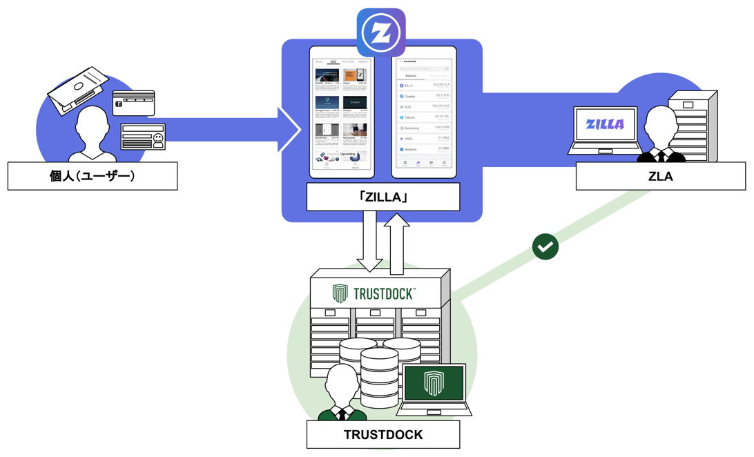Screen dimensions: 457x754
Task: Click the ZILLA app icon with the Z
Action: [381, 32]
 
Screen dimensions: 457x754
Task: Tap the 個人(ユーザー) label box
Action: [93, 176]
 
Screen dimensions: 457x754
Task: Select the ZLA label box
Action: [660, 176]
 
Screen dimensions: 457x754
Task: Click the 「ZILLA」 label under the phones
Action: [383, 197]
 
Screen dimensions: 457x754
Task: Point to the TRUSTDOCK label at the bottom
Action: [383, 435]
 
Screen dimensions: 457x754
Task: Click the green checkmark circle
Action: [545, 246]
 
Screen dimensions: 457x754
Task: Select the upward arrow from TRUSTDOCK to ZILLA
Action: [397, 242]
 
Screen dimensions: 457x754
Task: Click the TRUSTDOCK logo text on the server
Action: [383, 293]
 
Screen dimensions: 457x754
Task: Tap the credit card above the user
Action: [133, 103]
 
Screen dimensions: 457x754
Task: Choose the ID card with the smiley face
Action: [143, 137]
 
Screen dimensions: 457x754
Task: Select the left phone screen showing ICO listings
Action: [342, 113]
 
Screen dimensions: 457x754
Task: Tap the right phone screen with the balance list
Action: [424, 113]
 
